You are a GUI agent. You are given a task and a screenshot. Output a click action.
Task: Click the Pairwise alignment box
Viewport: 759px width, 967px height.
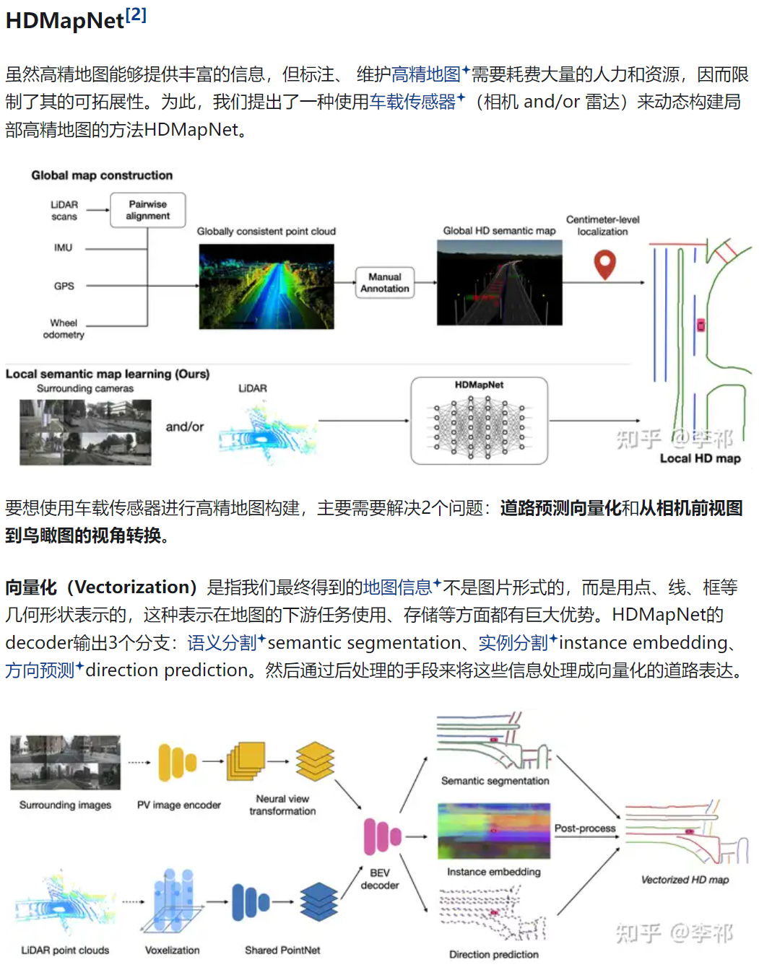147,210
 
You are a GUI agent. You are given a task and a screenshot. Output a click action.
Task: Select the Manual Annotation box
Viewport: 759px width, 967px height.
384,283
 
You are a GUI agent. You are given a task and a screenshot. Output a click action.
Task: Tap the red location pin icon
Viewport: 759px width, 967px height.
604,264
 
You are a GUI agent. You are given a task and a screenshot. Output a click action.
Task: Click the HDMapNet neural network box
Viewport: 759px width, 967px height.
479,421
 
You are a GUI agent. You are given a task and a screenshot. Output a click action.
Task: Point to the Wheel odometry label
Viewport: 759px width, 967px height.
64,328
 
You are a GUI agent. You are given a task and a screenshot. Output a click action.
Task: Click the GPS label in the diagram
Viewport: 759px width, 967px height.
64,286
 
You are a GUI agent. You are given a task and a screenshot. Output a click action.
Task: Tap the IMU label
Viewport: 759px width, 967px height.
63,248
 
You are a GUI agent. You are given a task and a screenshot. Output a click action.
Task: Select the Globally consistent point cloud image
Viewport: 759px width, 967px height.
266,286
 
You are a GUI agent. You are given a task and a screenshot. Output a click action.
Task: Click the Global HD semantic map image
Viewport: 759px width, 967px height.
499,283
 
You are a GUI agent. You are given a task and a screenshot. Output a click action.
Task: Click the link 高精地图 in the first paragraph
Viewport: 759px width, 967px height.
426,74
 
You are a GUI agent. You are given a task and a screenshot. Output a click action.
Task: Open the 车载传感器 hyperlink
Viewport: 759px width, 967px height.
412,102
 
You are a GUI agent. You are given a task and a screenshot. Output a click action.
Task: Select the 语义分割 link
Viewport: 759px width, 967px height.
222,642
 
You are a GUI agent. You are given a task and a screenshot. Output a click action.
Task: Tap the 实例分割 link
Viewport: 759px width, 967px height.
513,642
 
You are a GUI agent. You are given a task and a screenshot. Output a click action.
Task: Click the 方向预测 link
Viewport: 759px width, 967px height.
40,670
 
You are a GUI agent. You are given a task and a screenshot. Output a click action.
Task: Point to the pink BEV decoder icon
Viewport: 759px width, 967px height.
381,836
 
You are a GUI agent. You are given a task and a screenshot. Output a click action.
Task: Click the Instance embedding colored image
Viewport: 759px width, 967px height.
494,831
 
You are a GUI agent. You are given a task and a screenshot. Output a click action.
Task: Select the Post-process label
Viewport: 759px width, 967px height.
585,828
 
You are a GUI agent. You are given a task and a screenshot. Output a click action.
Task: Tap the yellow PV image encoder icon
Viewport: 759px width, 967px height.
178,762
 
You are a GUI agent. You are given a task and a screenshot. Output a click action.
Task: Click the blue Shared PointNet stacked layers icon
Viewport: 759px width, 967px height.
318,901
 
